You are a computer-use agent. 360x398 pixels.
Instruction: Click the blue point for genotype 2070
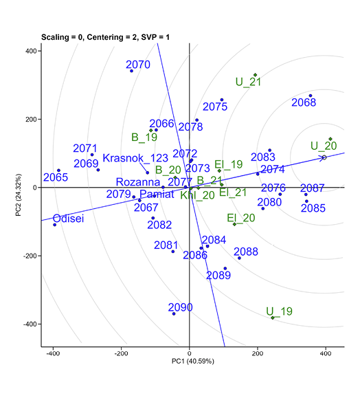131,71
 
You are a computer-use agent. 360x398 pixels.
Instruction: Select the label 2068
304,103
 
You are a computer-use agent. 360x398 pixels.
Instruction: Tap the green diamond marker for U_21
255,75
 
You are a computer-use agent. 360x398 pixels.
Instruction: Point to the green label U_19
279,311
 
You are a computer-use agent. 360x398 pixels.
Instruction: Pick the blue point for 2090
174,313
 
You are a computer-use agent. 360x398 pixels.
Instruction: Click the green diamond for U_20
330,139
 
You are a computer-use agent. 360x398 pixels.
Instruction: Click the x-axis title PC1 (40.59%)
190,360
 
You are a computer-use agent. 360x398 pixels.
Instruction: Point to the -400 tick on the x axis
53,353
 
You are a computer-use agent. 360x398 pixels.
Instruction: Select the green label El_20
240,218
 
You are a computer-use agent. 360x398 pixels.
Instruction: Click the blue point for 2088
239,258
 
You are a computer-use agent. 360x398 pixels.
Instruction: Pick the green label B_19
144,137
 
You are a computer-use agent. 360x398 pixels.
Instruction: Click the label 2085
313,208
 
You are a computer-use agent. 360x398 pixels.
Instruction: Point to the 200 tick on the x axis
257,353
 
